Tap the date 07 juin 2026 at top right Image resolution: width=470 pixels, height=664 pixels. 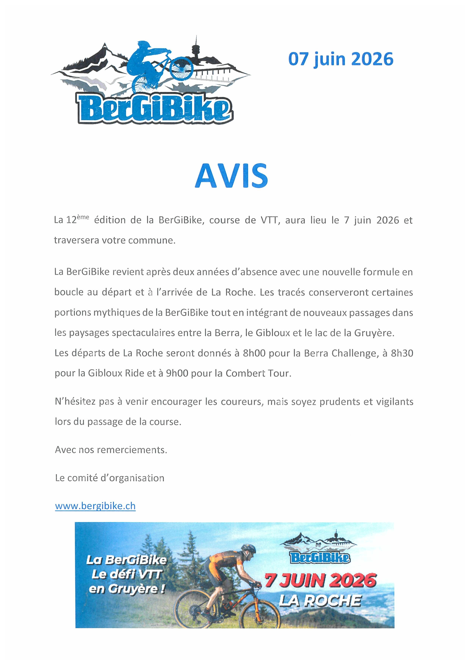[341, 59]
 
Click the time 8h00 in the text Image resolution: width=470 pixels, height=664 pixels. [254, 353]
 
